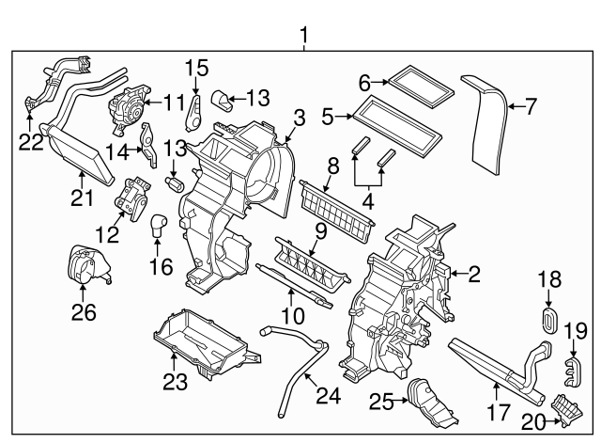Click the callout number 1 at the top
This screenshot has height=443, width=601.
coord(303,36)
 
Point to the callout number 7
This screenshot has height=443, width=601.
coord(531,107)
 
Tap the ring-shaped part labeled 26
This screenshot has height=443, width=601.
coord(85,265)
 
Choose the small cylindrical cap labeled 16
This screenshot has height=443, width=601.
coord(160,227)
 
